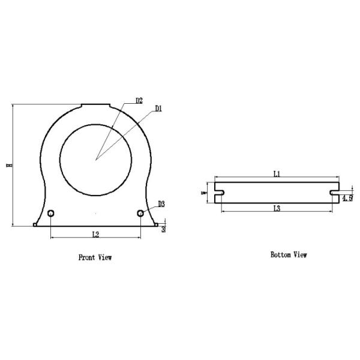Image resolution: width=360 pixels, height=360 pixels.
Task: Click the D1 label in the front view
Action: (x=159, y=109)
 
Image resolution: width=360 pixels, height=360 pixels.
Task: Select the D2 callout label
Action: (x=139, y=100)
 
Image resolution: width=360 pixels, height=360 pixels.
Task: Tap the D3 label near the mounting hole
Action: (x=161, y=204)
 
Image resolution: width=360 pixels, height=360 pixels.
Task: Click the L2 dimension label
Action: (x=95, y=232)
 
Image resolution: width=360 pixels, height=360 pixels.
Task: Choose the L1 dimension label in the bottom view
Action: (x=277, y=174)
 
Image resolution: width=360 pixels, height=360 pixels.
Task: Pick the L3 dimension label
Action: (x=277, y=208)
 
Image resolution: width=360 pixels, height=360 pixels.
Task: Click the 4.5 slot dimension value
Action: (x=347, y=197)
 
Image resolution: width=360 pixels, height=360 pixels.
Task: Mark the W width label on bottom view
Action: (x=203, y=193)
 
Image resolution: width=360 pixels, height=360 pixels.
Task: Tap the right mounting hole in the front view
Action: (x=140, y=213)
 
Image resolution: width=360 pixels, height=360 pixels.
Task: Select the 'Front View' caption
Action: (x=95, y=257)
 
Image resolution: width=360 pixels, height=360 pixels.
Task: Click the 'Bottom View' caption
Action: (x=289, y=255)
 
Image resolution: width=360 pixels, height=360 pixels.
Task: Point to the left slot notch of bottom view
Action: (x=219, y=193)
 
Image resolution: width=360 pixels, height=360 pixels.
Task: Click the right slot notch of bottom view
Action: (x=334, y=193)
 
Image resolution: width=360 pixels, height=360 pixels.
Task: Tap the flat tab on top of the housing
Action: (x=96, y=106)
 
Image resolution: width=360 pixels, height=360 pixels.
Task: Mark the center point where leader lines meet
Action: (x=95, y=160)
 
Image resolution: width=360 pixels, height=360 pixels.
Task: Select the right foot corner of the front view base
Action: (x=157, y=225)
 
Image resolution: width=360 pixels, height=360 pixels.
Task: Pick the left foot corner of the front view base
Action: (x=35, y=225)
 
